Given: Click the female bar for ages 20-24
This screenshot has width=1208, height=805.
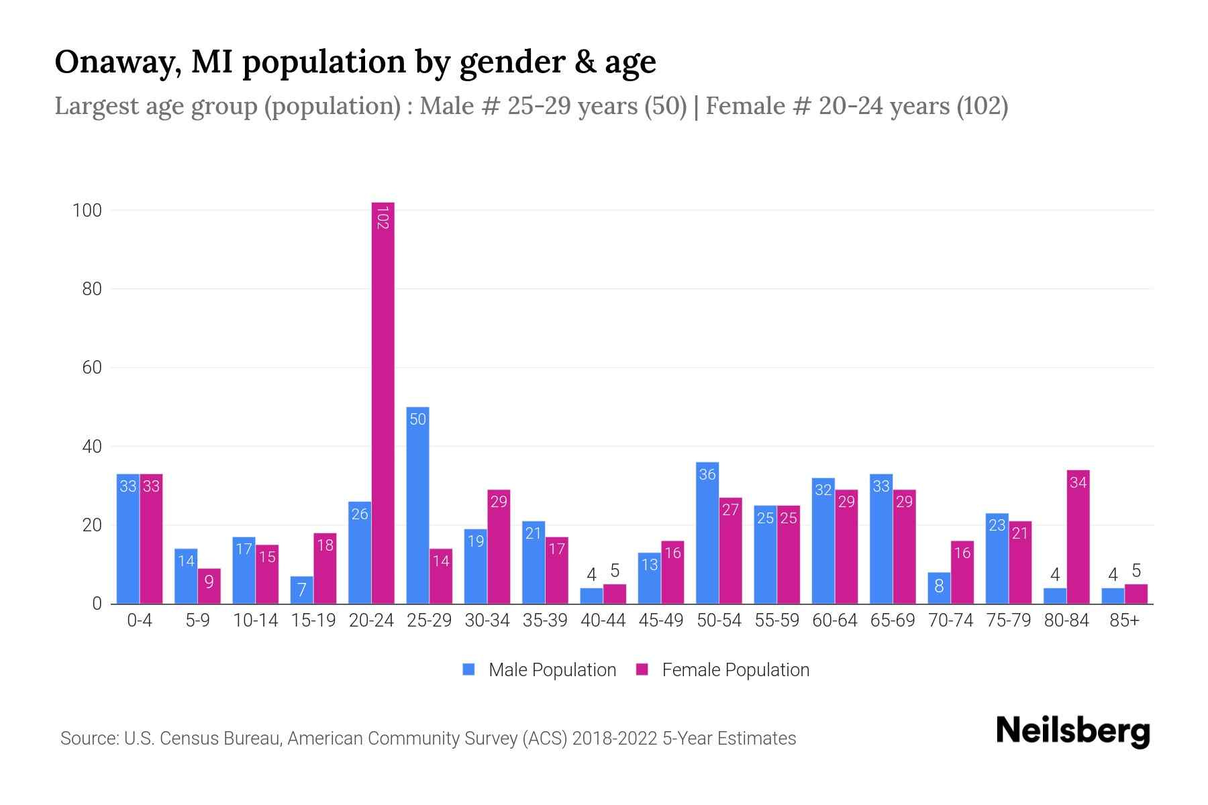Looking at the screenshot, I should tap(383, 402).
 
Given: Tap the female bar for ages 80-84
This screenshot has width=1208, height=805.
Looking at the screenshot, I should tap(1078, 537).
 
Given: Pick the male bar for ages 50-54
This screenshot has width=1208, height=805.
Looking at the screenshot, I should tap(707, 533).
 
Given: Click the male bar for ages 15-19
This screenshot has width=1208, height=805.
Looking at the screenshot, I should tap(302, 590).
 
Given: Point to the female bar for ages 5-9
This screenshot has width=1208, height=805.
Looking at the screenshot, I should tap(209, 586).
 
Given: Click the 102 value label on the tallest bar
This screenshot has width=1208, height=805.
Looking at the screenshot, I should tap(383, 218).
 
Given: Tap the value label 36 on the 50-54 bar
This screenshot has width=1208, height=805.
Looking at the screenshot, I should tap(707, 474).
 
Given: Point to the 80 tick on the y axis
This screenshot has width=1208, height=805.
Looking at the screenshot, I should tap(92, 289).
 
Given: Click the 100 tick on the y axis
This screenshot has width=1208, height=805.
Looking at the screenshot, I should tap(87, 211).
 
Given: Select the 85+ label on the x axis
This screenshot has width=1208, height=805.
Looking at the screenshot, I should tap(1124, 621).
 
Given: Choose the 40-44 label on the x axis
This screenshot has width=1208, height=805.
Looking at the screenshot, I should tap(603, 621).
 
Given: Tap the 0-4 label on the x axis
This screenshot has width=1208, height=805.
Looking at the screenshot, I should tap(140, 621).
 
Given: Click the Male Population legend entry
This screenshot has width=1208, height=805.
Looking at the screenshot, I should tap(540, 669).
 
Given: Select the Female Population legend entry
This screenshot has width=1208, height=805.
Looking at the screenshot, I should tap(723, 669).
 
